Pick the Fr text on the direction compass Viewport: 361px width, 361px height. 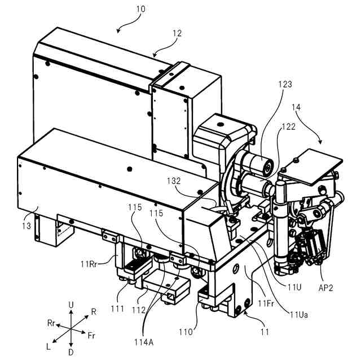point(91,335)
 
